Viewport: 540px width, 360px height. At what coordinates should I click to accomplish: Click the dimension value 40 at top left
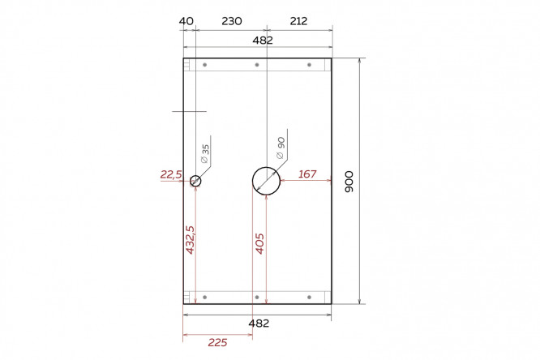[186, 21]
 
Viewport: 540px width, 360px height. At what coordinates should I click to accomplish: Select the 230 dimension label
[232, 21]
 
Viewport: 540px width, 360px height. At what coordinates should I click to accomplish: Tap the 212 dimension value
[298, 21]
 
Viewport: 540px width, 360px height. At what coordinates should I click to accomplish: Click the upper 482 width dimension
[263, 41]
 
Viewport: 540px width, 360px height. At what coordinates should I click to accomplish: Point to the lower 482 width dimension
[259, 324]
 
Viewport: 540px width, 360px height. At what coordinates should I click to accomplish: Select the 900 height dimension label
[349, 182]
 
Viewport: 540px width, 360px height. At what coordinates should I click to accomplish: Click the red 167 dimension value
[307, 174]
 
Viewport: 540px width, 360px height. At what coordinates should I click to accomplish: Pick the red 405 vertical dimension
[259, 243]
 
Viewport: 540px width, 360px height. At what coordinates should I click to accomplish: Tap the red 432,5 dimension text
[190, 240]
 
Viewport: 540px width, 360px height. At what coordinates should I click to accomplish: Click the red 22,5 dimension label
[171, 174]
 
